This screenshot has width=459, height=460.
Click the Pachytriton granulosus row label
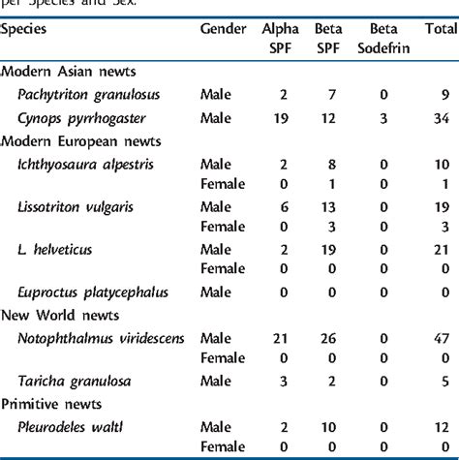coord(88,95)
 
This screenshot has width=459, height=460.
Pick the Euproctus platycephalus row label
coord(93,292)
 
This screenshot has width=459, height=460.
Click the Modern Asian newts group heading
coord(70,73)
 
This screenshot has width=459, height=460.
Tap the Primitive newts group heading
coord(52,404)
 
